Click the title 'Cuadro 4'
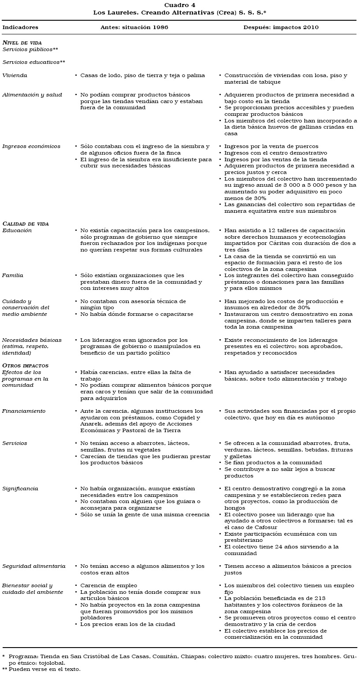[179, 5]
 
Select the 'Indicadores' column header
[20, 27]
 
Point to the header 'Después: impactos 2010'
[281, 27]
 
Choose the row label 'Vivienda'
[15, 75]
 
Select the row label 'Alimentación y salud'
[32, 95]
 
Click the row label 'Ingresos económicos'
[31, 146]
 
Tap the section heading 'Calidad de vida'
[26, 224]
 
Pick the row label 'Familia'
[13, 275]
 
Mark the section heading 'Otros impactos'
[26, 366]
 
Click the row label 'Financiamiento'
[24, 411]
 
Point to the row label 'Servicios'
[15, 443]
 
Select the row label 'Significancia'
[20, 489]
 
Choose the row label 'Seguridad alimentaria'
[34, 566]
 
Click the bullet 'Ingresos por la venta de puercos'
[271, 146]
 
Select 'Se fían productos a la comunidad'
[273, 463]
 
